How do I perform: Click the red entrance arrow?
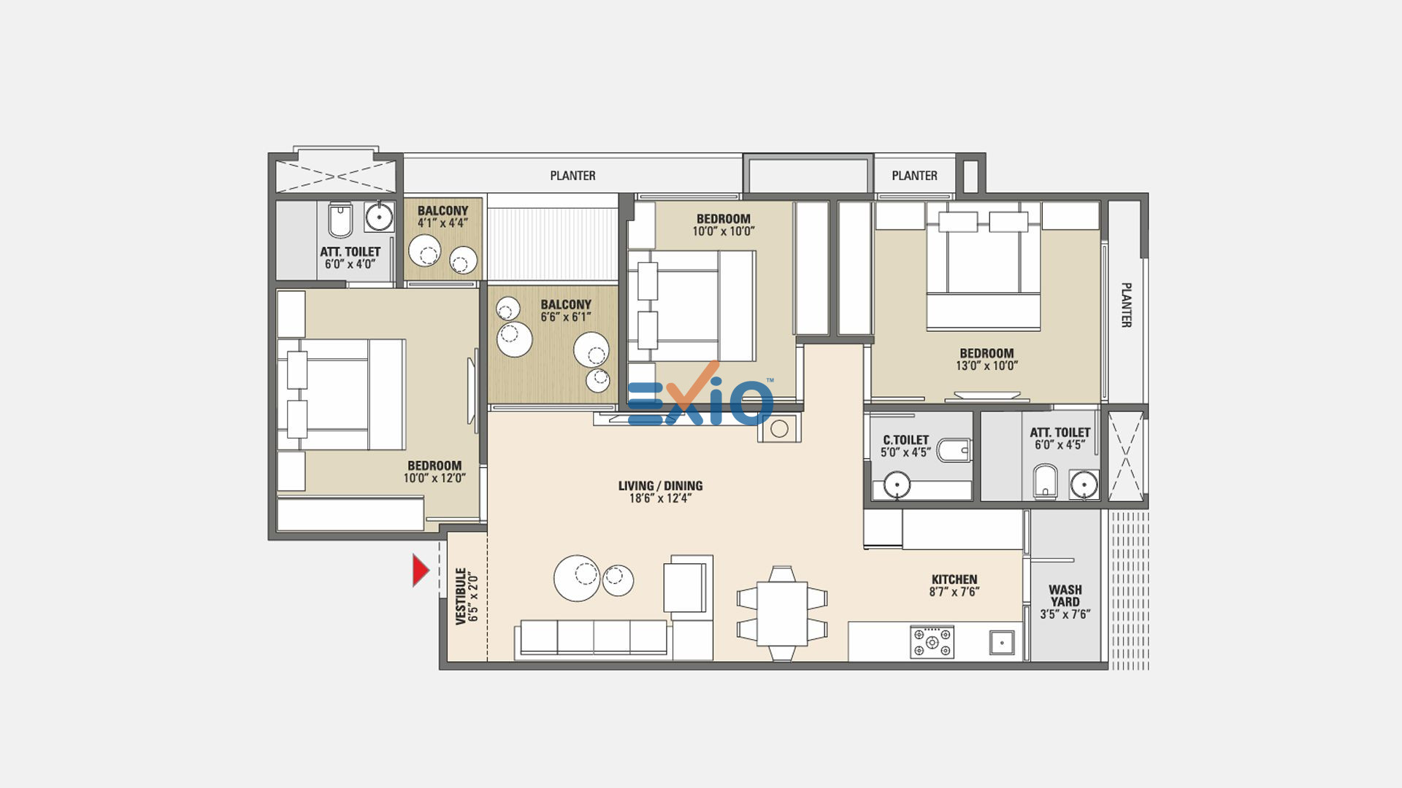point(420,571)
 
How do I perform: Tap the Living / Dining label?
point(660,486)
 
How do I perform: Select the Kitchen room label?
point(954,579)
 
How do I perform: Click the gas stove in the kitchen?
point(932,642)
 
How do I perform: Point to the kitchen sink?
point(1002,642)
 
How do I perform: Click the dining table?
point(781,613)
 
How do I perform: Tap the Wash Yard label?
point(1065,595)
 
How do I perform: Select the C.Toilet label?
point(905,440)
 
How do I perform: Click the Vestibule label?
point(461,596)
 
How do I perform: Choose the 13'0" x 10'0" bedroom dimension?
point(987,366)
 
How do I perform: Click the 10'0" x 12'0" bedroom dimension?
point(434,478)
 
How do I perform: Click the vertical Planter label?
point(1126,305)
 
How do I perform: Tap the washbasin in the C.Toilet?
point(897,484)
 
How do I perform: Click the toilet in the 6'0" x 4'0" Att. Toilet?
point(340,220)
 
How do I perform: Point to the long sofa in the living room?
point(593,639)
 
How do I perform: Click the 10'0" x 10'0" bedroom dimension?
point(723,231)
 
